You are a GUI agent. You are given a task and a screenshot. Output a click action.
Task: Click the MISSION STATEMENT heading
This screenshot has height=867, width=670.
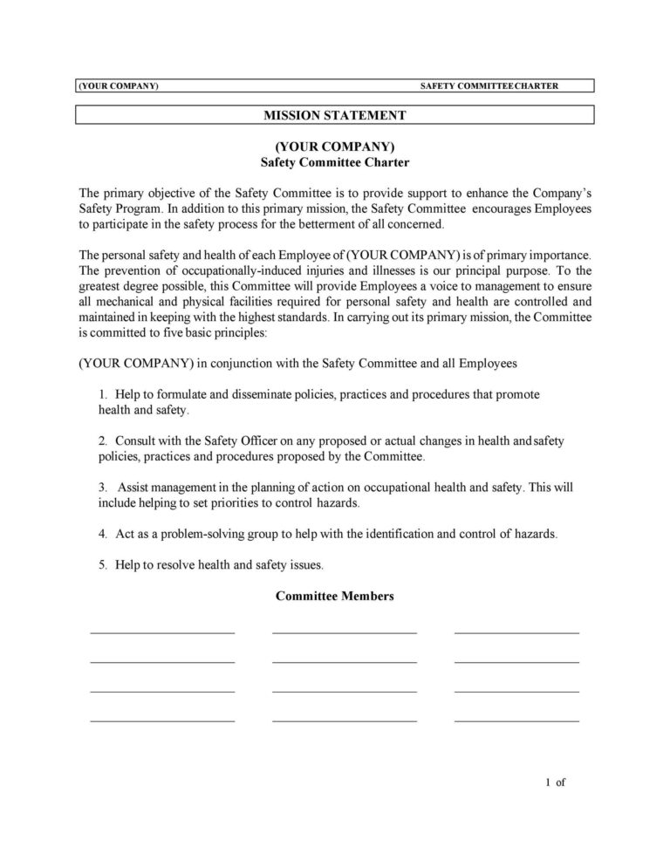point(336,114)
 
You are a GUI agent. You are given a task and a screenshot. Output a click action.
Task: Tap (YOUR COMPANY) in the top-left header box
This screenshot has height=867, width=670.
point(118,85)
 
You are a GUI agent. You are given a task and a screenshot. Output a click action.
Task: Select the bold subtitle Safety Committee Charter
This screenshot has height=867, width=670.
point(335,162)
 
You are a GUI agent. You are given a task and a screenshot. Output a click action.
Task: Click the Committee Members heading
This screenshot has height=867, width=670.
point(335,597)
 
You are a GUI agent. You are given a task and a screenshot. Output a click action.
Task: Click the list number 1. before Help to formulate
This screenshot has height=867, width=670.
point(102,394)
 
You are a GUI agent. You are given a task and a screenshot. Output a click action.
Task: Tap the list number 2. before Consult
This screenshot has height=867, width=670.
point(102,441)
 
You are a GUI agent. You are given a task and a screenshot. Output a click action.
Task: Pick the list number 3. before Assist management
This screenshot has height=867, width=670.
point(102,488)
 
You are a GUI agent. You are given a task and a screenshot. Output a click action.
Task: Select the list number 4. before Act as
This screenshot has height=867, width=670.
point(102,534)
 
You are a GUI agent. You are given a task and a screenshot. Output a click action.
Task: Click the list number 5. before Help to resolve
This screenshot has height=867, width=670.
point(102,565)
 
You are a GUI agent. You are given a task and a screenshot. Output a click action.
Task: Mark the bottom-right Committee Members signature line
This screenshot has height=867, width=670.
point(516,721)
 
